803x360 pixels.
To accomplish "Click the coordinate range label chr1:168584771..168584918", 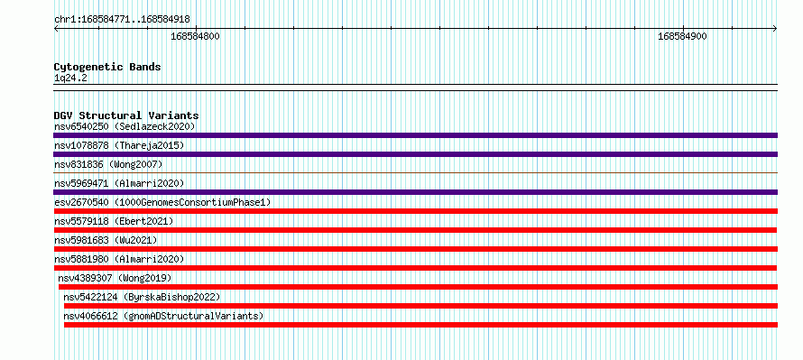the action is tap(122, 20).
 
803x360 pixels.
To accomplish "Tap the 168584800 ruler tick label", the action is tap(195, 36).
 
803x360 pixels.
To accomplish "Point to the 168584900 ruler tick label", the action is tap(682, 36).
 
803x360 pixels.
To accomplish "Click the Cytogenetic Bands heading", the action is tap(107, 67).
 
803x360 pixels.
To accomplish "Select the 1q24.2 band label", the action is tap(67, 78).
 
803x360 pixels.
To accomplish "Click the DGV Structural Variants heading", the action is tap(126, 115).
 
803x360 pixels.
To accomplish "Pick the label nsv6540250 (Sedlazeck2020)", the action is tap(125, 126).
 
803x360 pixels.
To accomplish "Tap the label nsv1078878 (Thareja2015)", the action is tap(119, 145).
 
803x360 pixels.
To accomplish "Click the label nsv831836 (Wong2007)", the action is tap(108, 164).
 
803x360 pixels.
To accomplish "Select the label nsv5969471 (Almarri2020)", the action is tap(119, 183).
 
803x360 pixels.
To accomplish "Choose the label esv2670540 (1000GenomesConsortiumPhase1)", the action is tap(162, 202).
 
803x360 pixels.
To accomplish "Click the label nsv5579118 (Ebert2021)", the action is tap(114, 221).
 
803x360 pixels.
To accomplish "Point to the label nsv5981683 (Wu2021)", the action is tap(106, 240).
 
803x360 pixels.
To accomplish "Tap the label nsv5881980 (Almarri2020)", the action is tap(119, 259).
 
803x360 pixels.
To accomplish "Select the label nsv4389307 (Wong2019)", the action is tap(115, 278).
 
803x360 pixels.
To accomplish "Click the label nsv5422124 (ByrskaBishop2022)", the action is tap(142, 297).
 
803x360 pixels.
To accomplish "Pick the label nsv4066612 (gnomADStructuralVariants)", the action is tap(163, 316).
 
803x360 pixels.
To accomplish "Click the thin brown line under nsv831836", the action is tap(415, 173).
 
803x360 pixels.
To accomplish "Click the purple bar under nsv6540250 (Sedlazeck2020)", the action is tap(415, 135).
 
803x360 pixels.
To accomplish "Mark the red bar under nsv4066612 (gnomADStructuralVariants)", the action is tap(420, 325).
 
